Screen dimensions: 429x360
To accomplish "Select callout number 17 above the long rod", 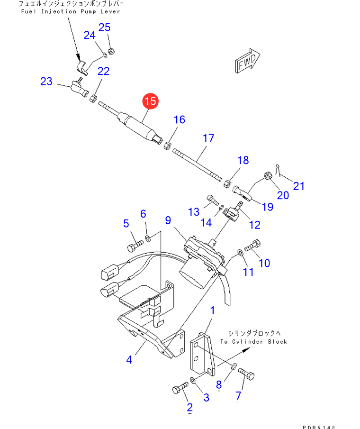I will tap(208, 138).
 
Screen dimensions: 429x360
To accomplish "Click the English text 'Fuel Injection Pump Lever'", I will tap(71, 11).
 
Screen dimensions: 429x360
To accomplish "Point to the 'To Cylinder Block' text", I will tap(253, 341).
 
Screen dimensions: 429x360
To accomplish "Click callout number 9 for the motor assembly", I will tap(168, 220).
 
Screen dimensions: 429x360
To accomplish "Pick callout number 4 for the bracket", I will tap(129, 360).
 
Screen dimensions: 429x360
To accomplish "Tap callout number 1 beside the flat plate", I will tap(213, 310).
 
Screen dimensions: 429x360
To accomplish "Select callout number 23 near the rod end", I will tap(46, 82).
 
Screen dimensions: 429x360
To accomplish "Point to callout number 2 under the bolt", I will tap(189, 407).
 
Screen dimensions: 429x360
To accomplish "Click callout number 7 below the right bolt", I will tap(238, 395).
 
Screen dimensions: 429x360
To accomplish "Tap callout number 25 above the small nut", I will tap(105, 27).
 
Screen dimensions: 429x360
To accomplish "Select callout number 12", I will tap(255, 224).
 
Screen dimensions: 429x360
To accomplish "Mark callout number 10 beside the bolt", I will tap(264, 262).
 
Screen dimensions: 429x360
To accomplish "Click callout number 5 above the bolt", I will tap(126, 223).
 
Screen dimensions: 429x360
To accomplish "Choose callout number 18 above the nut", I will tap(243, 160).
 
